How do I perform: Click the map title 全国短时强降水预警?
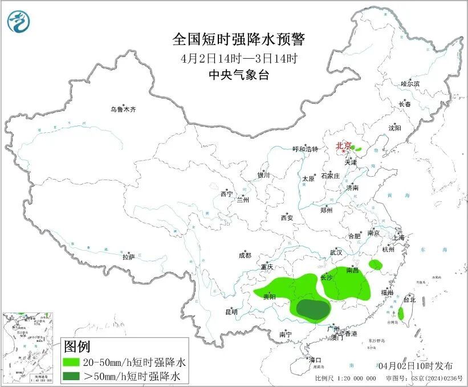(x=239, y=39)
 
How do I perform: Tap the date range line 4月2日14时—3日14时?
(x=239, y=58)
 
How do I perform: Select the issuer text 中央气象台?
(x=239, y=75)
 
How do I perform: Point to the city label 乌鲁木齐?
(x=124, y=109)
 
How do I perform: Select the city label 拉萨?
(x=128, y=257)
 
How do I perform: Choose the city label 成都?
(x=245, y=256)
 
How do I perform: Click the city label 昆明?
(x=231, y=312)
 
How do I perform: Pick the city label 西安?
(x=286, y=218)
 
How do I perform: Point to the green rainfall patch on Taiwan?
(x=401, y=313)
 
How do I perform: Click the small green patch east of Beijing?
(x=358, y=148)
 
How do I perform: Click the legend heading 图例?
(x=77, y=346)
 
